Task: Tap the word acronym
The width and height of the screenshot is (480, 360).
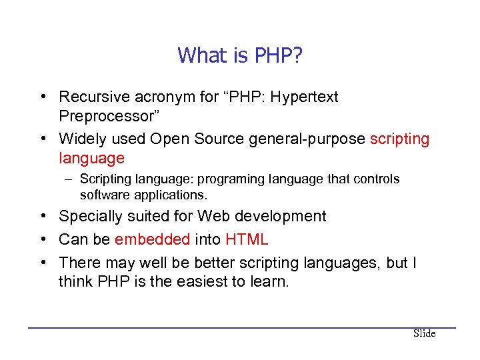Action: click(161, 97)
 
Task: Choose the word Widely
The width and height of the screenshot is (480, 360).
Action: click(80, 139)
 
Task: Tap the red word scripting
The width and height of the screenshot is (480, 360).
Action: click(399, 139)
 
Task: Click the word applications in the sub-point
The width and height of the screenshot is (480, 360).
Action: click(173, 195)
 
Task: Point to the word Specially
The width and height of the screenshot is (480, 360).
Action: click(90, 216)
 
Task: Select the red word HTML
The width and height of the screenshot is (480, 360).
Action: click(247, 239)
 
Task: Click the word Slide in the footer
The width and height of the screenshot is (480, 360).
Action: click(424, 333)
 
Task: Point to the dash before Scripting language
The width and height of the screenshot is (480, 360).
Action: click(70, 179)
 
